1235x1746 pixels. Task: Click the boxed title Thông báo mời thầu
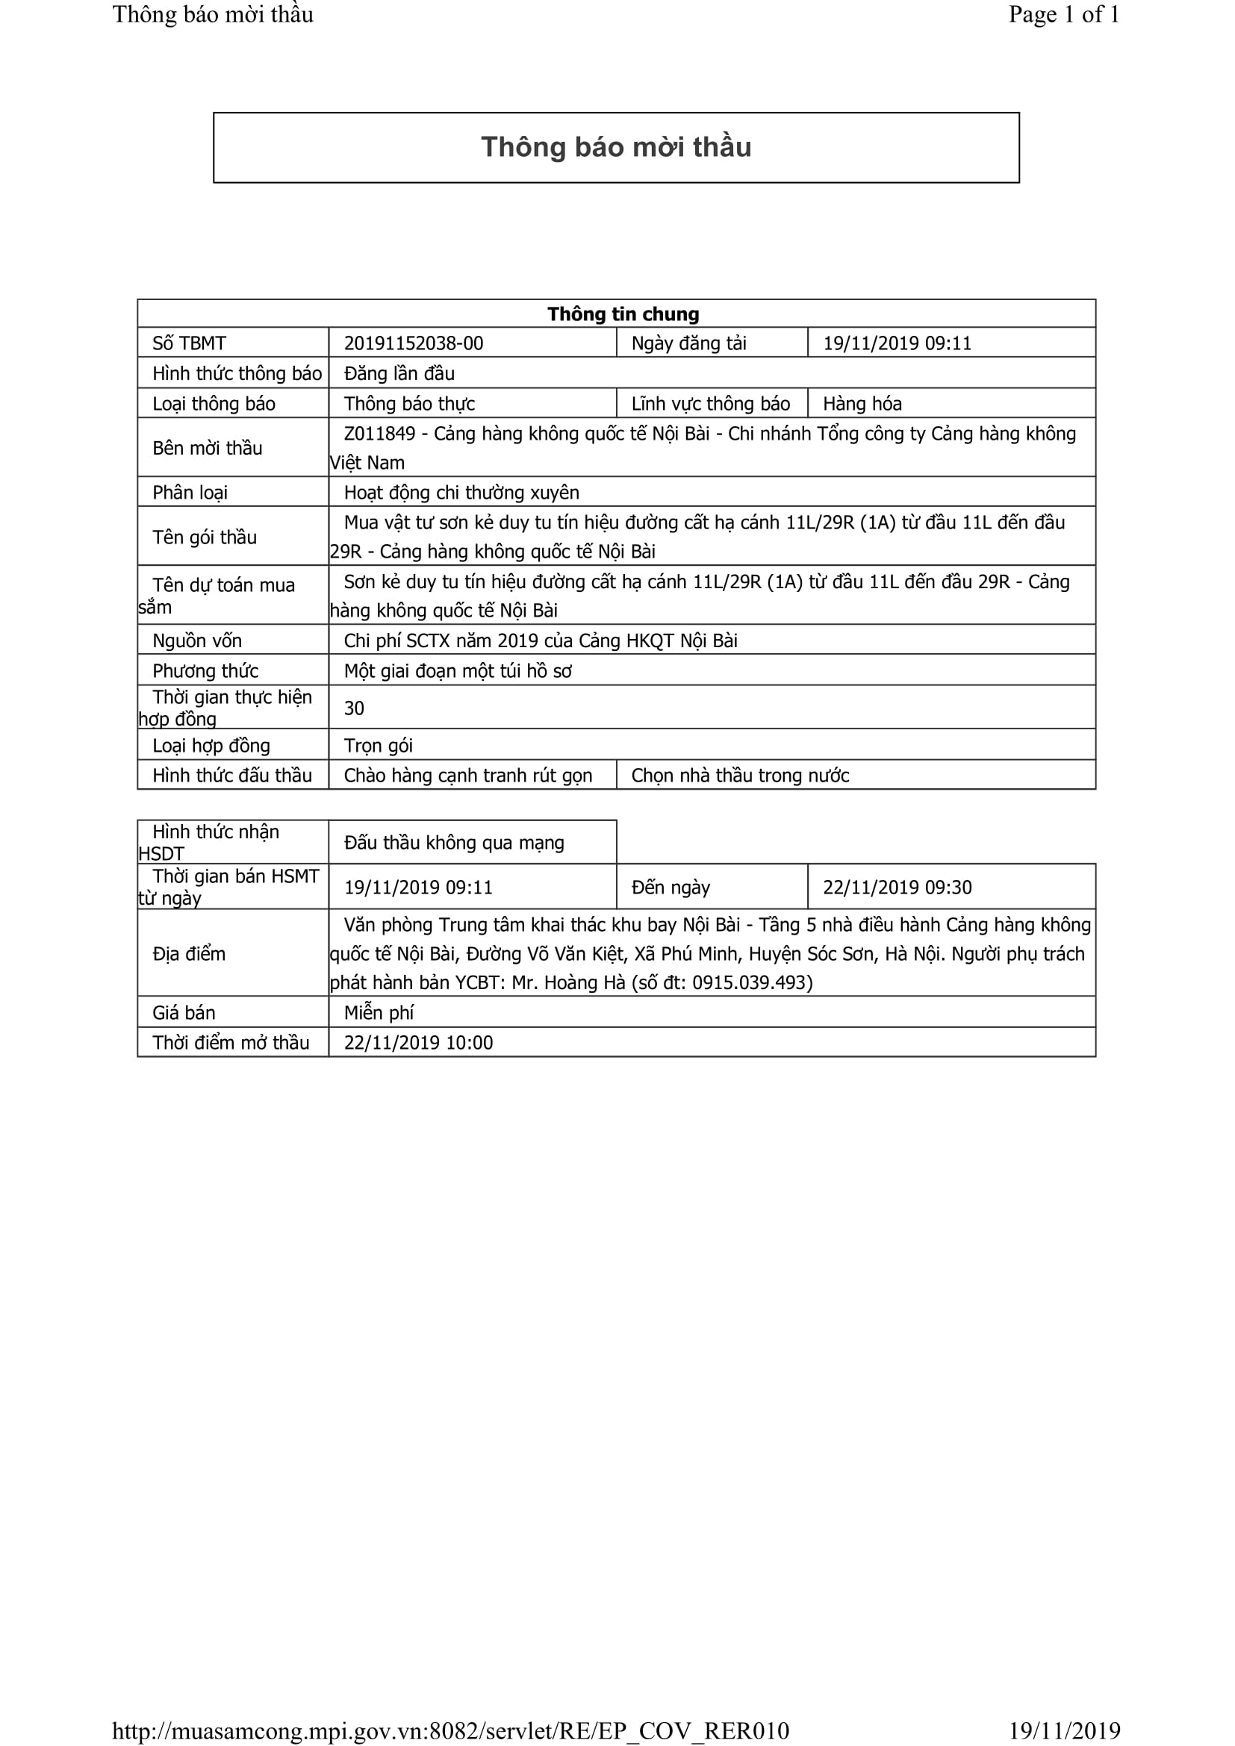[616, 147]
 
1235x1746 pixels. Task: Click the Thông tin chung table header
[623, 314]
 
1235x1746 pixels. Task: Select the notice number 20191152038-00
[413, 343]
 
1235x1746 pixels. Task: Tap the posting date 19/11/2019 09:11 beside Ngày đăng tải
[897, 343]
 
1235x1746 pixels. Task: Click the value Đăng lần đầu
[399, 373]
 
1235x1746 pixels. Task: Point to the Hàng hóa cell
[862, 404]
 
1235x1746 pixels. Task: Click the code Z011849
[379, 434]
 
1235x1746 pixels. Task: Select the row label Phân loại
[190, 493]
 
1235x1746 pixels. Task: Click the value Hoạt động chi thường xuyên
[461, 493]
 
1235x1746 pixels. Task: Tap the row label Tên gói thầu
[205, 537]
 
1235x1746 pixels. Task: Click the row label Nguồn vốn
[196, 641]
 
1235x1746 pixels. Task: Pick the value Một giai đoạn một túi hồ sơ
[457, 671]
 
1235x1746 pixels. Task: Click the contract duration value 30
[354, 708]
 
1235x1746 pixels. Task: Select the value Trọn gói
[378, 745]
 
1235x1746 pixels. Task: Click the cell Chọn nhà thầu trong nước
[740, 776]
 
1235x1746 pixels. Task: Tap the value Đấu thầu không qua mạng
[454, 843]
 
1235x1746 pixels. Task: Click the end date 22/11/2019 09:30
[897, 888]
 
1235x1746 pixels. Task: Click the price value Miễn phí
[379, 1013]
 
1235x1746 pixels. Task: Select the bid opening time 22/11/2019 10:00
[418, 1043]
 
